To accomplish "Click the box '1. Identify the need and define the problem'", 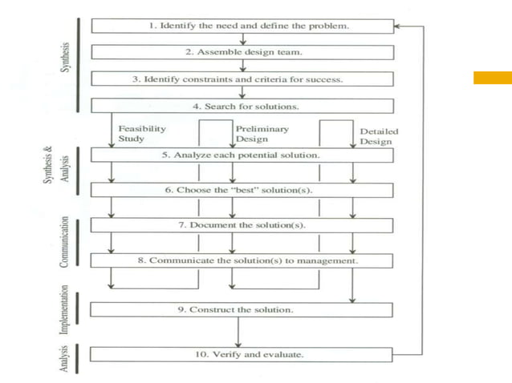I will pyautogui.click(x=242, y=26).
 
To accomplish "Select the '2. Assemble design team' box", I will pyautogui.click(x=242, y=53).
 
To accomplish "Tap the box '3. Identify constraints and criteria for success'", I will pyautogui.click(x=242, y=79).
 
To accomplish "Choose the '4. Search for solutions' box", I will pyautogui.click(x=242, y=106).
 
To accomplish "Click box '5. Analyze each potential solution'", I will pyautogui.click(x=242, y=155).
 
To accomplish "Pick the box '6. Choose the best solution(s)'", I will pyautogui.click(x=242, y=190).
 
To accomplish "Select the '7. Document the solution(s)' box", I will pyautogui.click(x=242, y=225).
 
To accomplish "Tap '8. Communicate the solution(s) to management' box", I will pyautogui.click(x=242, y=260).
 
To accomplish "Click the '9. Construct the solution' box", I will pyautogui.click(x=242, y=309).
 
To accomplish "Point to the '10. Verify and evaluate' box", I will pyautogui.click(x=242, y=354).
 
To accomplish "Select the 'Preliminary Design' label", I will pyautogui.click(x=262, y=133).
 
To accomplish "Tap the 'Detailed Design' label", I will pyautogui.click(x=379, y=136).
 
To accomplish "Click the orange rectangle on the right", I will pyautogui.click(x=492, y=78).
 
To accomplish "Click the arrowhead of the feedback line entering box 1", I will pyautogui.click(x=399, y=26).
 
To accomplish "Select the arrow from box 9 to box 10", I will pyautogui.click(x=238, y=333).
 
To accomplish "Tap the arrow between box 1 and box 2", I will pyautogui.click(x=242, y=39).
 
